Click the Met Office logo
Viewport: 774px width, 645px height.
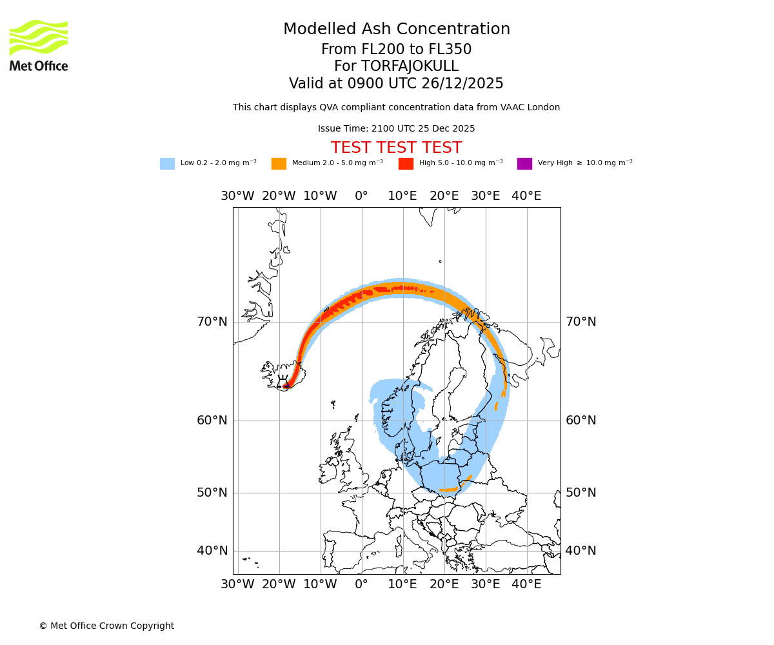click(x=39, y=45)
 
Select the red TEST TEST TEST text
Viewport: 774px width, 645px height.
click(x=396, y=148)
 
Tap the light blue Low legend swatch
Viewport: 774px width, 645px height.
click(x=167, y=164)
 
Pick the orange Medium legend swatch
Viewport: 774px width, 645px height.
click(x=279, y=164)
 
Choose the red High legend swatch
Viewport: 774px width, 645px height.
click(x=406, y=164)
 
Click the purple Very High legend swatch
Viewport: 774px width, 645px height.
click(x=524, y=164)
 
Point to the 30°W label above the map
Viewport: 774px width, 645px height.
click(x=237, y=196)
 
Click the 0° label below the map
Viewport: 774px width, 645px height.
click(x=361, y=584)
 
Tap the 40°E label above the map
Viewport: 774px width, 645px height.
click(x=526, y=196)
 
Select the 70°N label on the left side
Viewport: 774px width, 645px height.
click(x=212, y=321)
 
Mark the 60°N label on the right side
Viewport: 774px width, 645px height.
click(x=581, y=420)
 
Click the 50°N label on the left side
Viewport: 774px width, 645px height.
click(x=212, y=492)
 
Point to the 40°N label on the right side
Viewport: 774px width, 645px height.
click(x=581, y=550)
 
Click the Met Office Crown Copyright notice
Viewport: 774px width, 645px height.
click(x=106, y=626)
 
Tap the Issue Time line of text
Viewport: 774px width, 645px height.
click(x=396, y=129)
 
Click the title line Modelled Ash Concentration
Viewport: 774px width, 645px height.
click(x=396, y=29)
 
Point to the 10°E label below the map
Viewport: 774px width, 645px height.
click(x=402, y=584)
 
